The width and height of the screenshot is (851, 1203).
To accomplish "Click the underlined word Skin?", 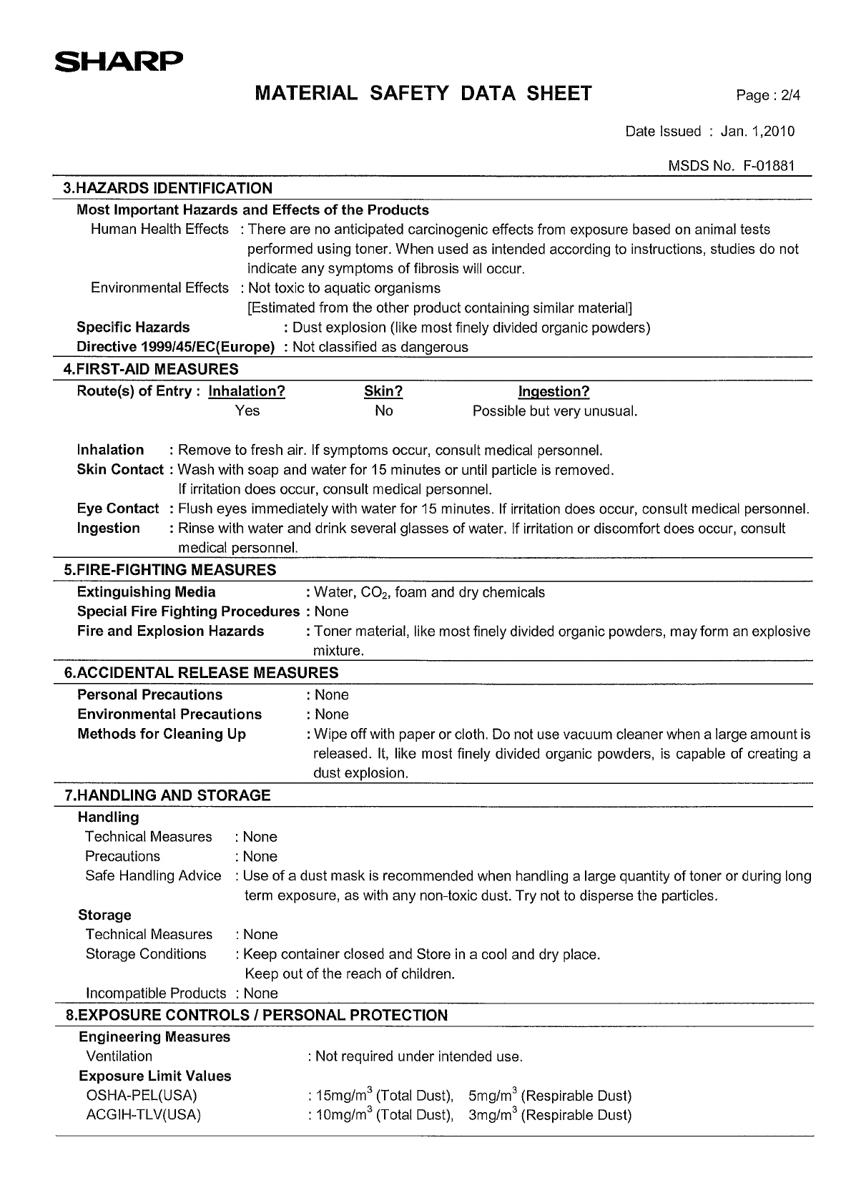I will (383, 391).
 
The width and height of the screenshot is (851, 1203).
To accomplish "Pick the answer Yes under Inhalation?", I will (247, 411).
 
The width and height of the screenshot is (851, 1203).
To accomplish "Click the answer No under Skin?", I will (383, 411).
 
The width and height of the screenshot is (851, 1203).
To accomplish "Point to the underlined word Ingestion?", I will (554, 391).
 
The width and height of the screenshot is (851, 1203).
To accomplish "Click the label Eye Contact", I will (118, 509).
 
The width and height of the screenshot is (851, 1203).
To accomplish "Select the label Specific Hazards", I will (133, 328).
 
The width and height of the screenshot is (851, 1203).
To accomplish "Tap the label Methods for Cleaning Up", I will (162, 734).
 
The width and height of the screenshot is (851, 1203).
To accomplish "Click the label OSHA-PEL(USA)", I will (141, 1095).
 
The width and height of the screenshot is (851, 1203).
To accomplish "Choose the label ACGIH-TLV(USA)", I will (143, 1114).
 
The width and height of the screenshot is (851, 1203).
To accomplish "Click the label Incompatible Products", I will (155, 993).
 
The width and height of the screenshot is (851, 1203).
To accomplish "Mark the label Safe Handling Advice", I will (153, 876).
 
